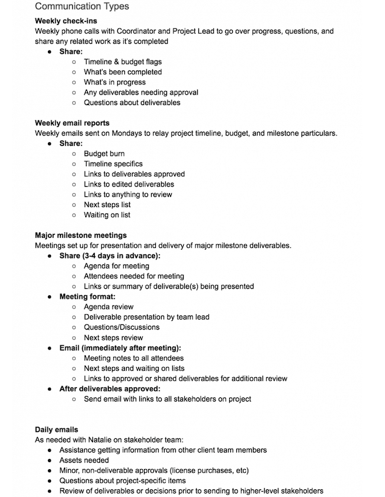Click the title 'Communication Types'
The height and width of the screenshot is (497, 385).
82,7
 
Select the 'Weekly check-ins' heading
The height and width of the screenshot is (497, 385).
66,21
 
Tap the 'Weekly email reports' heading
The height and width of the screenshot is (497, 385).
72,123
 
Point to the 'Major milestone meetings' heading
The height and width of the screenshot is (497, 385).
81,235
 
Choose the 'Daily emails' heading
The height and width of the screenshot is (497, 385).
56,429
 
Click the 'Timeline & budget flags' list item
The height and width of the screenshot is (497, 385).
123,62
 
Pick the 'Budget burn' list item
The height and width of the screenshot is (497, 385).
104,154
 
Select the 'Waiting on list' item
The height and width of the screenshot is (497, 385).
107,215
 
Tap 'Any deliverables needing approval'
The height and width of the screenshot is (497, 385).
141,92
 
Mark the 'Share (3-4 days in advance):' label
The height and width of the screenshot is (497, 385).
110,256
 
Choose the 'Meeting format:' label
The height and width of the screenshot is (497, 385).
88,297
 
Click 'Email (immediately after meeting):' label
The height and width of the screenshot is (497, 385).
120,348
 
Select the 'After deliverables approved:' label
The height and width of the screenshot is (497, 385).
110,388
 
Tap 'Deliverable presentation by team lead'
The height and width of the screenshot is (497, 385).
146,317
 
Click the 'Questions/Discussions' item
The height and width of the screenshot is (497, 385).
121,327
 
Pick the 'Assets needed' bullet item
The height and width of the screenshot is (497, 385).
84,460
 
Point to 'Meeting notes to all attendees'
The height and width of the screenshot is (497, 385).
134,358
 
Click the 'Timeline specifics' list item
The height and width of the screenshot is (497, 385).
113,164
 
